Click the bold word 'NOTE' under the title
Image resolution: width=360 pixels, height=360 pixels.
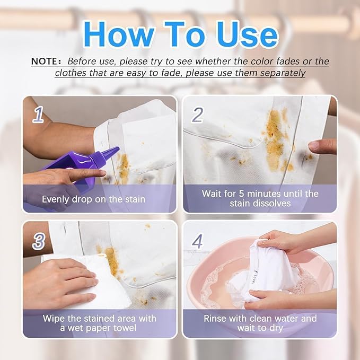pos(47,61)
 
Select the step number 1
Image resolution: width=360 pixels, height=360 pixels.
pos(38,114)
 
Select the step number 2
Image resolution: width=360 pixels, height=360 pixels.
pos(197,114)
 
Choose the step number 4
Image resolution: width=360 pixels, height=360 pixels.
pos(197,241)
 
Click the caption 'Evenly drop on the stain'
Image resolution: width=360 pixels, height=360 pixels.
pos(94,200)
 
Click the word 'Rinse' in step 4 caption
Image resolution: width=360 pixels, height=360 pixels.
pos(216,319)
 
